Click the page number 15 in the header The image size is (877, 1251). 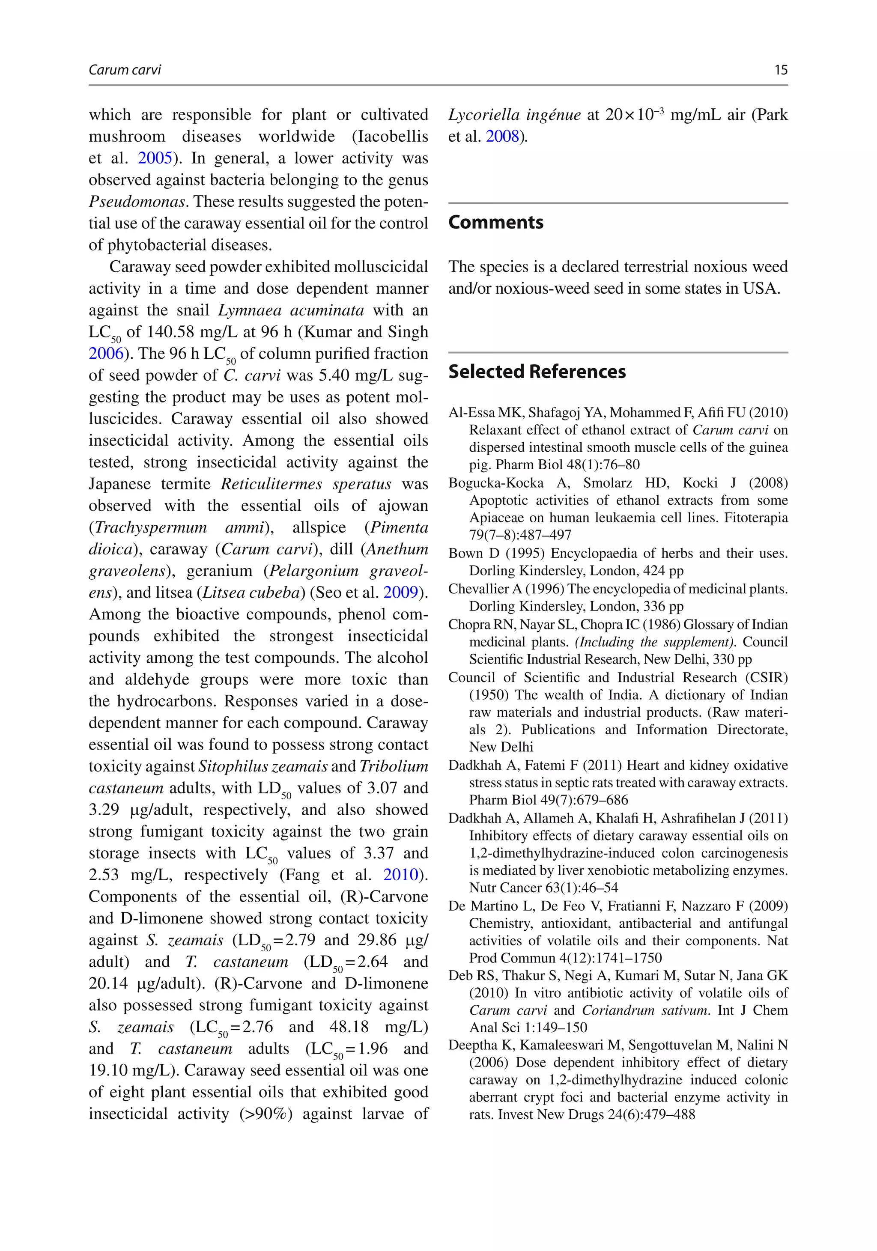[781, 70]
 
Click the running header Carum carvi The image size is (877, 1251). [125, 70]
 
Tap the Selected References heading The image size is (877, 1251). [537, 372]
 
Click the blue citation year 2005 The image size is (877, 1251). [155, 158]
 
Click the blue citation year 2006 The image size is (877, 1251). [106, 354]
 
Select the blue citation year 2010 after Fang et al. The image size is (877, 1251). [401, 875]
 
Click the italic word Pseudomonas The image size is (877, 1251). [138, 202]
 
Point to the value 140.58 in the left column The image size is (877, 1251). [172, 332]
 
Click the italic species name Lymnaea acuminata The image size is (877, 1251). [291, 310]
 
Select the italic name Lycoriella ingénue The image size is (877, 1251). [515, 115]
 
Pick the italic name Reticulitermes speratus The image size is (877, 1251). [306, 484]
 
